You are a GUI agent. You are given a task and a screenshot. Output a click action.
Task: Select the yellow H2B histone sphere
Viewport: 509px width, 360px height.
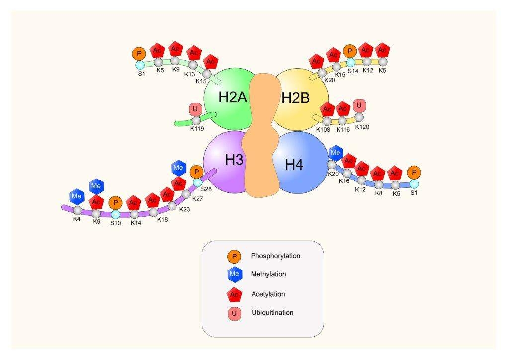[300, 97]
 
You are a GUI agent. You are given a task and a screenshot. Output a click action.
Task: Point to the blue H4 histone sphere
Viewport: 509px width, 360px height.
[298, 162]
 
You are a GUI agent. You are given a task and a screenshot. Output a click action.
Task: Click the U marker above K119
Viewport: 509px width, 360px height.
[195, 109]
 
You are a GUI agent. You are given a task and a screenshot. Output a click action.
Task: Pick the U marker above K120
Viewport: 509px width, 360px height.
[359, 105]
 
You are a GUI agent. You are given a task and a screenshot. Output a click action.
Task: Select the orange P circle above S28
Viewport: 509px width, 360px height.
[197, 172]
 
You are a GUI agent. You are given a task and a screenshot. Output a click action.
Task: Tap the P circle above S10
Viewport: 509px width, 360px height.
[115, 203]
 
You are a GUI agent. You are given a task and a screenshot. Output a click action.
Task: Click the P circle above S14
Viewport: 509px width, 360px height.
[350, 51]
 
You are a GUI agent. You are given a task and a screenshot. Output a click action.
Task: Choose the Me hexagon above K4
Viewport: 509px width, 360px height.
[76, 196]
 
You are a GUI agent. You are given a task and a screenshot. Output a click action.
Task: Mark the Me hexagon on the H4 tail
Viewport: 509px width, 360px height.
[336, 152]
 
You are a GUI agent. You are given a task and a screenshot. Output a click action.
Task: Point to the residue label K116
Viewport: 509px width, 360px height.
[343, 130]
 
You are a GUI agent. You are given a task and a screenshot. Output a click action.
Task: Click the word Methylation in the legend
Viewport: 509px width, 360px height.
[268, 274]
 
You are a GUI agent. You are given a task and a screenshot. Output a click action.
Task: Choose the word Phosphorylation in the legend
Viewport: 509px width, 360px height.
[275, 256]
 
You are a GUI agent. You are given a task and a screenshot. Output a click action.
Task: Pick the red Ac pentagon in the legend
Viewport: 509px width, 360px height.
[234, 295]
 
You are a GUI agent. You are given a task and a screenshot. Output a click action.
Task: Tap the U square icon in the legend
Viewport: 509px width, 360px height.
[234, 314]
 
